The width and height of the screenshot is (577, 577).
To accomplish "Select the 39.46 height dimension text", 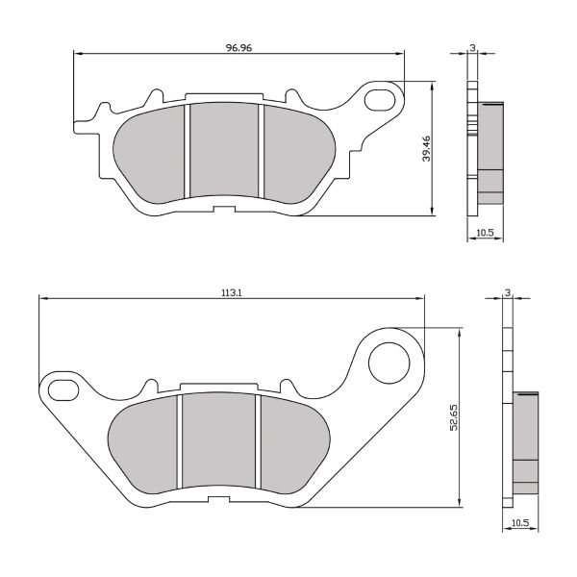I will (426, 149).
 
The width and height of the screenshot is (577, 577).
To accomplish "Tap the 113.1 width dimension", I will (231, 293).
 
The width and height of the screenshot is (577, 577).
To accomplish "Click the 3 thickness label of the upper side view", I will (472, 46).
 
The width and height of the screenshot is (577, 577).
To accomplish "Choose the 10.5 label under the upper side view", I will (486, 233).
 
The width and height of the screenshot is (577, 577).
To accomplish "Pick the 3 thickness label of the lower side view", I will (507, 292).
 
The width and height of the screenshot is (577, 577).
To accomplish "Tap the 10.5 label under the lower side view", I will (520, 522).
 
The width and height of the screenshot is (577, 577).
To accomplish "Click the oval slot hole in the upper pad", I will (382, 98).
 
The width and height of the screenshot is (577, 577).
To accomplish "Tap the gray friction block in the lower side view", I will (525, 440).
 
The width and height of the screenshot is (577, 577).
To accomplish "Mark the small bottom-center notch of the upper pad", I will (224, 204).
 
